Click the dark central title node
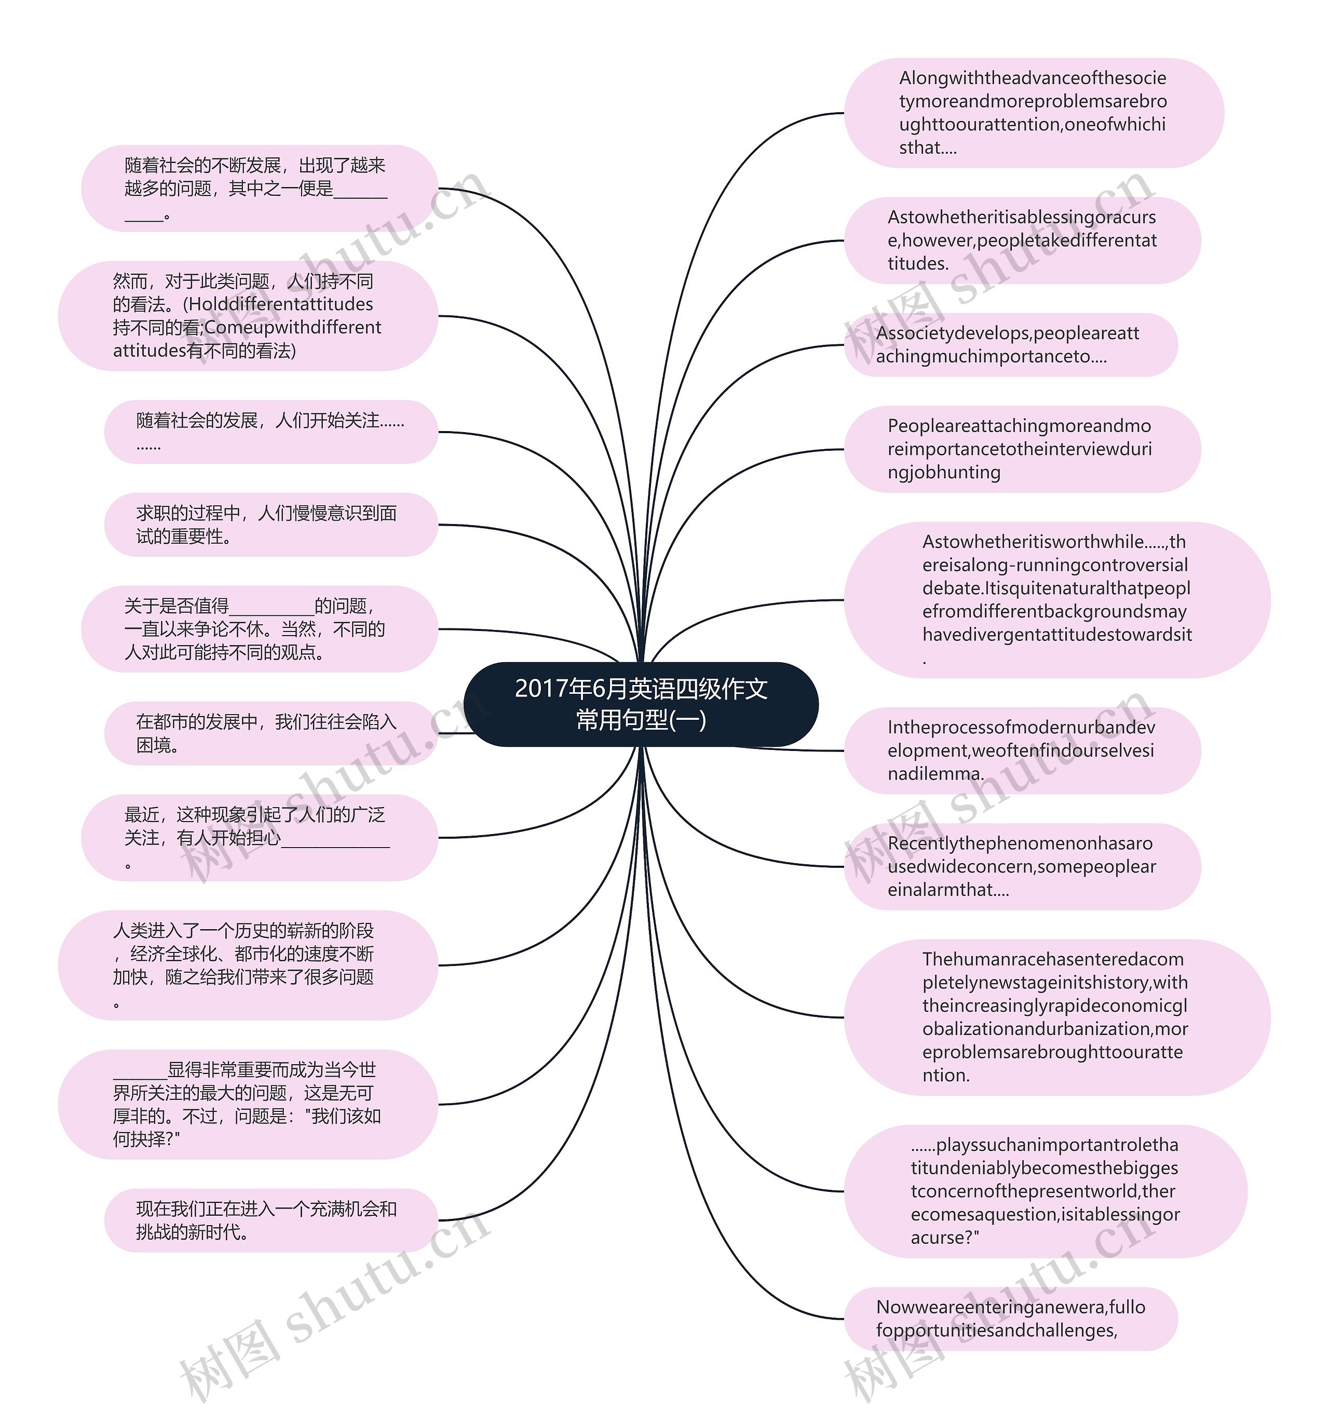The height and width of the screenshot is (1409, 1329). pos(641,704)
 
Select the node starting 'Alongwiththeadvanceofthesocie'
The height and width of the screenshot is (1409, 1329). pos(1033,113)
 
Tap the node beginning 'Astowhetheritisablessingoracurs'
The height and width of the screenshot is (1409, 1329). pos(1022,240)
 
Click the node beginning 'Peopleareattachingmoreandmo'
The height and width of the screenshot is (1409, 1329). pos(1022,449)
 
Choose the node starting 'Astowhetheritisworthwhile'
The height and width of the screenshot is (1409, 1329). pos(1055,600)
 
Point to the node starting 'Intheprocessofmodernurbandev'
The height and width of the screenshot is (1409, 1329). pos(1022,750)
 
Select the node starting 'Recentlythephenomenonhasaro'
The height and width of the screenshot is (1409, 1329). pos(1022,867)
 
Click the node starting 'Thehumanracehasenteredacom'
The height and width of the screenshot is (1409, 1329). pos(1055,1017)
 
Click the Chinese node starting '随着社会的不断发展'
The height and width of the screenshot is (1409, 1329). pos(259,189)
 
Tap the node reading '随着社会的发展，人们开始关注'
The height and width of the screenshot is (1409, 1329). pos(270,432)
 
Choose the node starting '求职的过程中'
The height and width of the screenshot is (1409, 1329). pos(270,525)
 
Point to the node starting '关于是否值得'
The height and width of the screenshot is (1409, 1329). pos(259,628)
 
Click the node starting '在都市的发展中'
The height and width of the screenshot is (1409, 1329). pos(270,733)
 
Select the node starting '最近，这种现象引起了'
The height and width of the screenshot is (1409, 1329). pos(259,838)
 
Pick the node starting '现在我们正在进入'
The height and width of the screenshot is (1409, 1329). pos(270,1220)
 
